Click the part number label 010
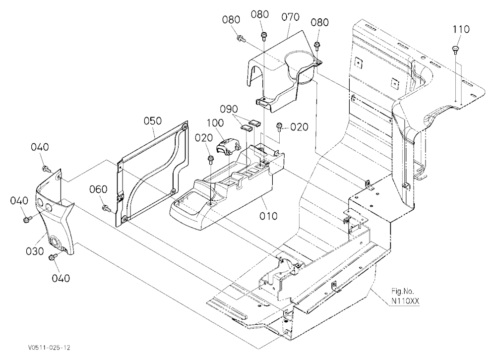tap(268, 216)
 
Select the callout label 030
tap(35, 251)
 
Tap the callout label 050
tap(152, 121)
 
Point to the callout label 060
tap(98, 189)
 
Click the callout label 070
tap(290, 17)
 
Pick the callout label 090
tap(229, 109)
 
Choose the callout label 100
tap(215, 123)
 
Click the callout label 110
tap(461, 29)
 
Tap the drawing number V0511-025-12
tap(49, 348)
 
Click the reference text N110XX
tap(405, 301)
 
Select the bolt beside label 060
tap(106, 208)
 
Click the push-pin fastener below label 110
tap(455, 50)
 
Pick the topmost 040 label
tap(40, 147)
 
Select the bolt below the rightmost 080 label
tap(316, 46)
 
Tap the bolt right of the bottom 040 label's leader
tap(52, 257)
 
